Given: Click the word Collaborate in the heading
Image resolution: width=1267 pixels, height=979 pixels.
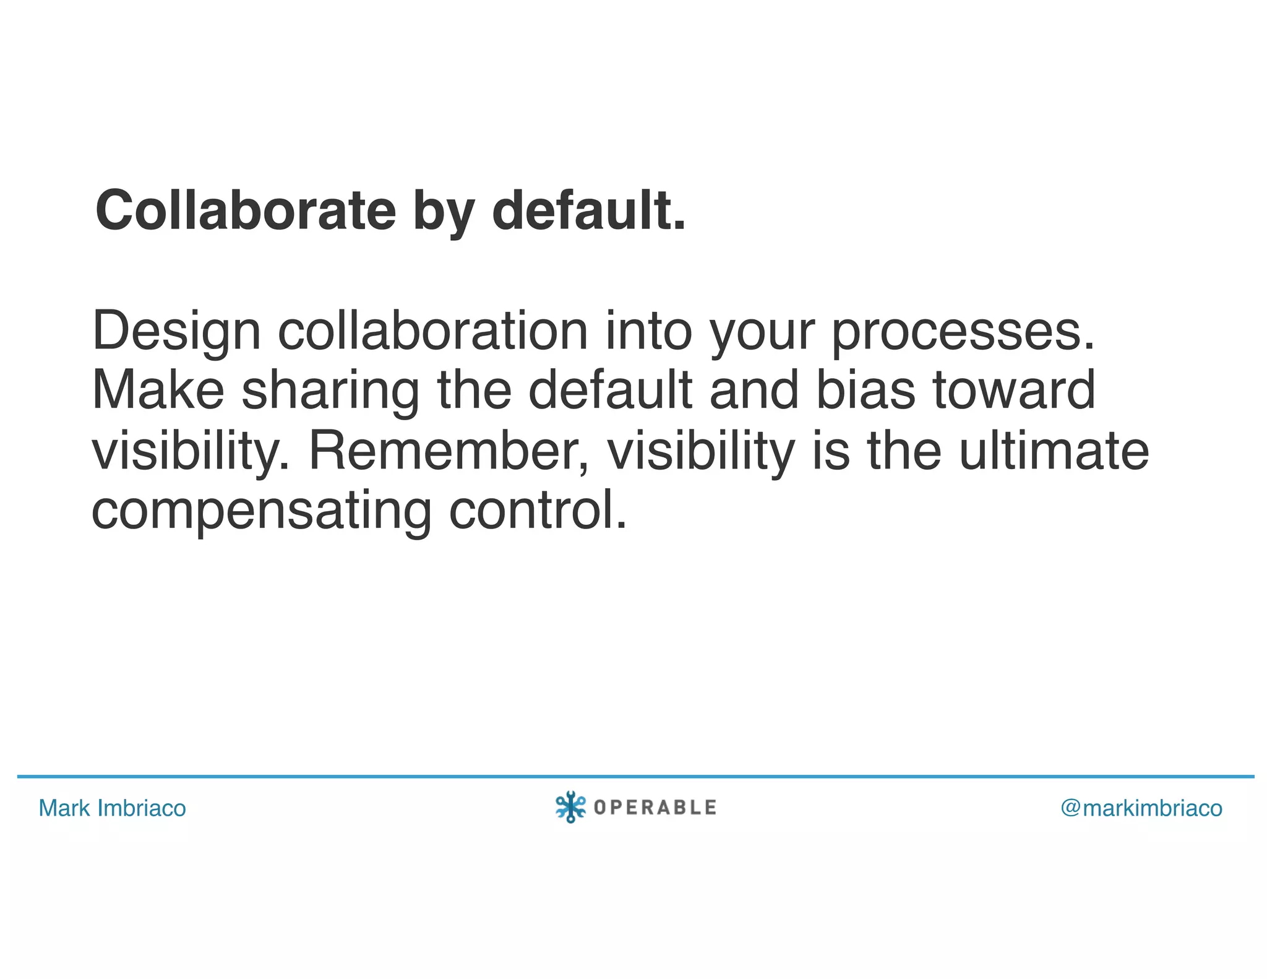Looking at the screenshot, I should pos(246,211).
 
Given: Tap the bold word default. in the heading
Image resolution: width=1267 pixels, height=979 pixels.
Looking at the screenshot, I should pos(588,211).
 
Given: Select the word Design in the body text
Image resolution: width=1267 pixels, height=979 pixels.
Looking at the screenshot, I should pos(176,332).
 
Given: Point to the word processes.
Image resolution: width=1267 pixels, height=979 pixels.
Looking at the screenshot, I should pos(963,332).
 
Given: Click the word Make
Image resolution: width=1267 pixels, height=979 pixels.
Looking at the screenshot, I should pos(158,390).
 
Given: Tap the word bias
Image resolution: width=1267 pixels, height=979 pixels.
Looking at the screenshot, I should pos(865,390).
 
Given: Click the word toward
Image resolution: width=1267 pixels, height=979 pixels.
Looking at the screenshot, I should pos(1014,390).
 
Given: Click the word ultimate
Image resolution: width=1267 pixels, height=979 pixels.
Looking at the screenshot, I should pos(1054,450).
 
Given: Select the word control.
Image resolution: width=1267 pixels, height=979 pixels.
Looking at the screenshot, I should pos(538,511).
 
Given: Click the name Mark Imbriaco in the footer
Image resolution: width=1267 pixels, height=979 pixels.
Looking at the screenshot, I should pos(112,808).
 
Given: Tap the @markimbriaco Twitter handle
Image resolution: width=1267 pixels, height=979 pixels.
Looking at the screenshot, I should pos(1141,808).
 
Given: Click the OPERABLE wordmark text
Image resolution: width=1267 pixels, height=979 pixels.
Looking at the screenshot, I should pos(655,808).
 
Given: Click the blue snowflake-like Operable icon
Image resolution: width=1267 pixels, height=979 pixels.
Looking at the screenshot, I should pos(570,807).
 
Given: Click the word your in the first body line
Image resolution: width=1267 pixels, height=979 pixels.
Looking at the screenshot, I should pos(762,332).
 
